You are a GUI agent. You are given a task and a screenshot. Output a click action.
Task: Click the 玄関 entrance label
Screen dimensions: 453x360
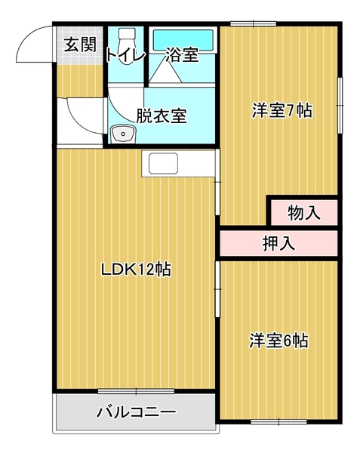point(79,45)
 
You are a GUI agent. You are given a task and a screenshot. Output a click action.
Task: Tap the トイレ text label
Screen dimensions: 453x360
point(125,54)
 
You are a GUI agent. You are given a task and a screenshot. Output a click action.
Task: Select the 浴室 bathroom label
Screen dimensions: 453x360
point(181,54)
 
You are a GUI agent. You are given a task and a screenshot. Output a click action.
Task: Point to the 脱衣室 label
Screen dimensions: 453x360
point(161,117)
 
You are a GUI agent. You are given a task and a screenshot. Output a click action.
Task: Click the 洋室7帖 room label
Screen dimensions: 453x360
point(281,110)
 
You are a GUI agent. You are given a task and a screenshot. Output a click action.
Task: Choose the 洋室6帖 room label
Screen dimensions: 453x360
point(278,341)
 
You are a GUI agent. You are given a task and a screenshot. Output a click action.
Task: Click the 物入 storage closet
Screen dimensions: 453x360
point(303,213)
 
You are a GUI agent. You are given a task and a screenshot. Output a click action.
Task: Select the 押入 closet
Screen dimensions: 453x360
point(278,243)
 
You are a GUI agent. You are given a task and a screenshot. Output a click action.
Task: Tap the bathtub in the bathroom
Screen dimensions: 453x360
point(184,39)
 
